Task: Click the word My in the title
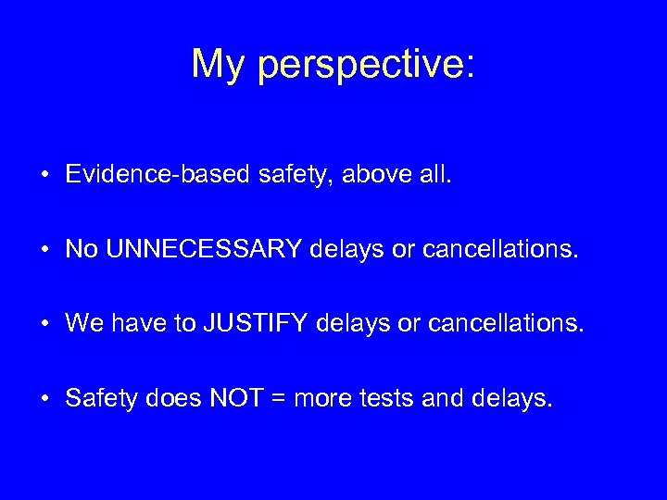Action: click(219, 64)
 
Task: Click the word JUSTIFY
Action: click(260, 324)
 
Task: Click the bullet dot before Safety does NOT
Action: click(44, 399)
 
